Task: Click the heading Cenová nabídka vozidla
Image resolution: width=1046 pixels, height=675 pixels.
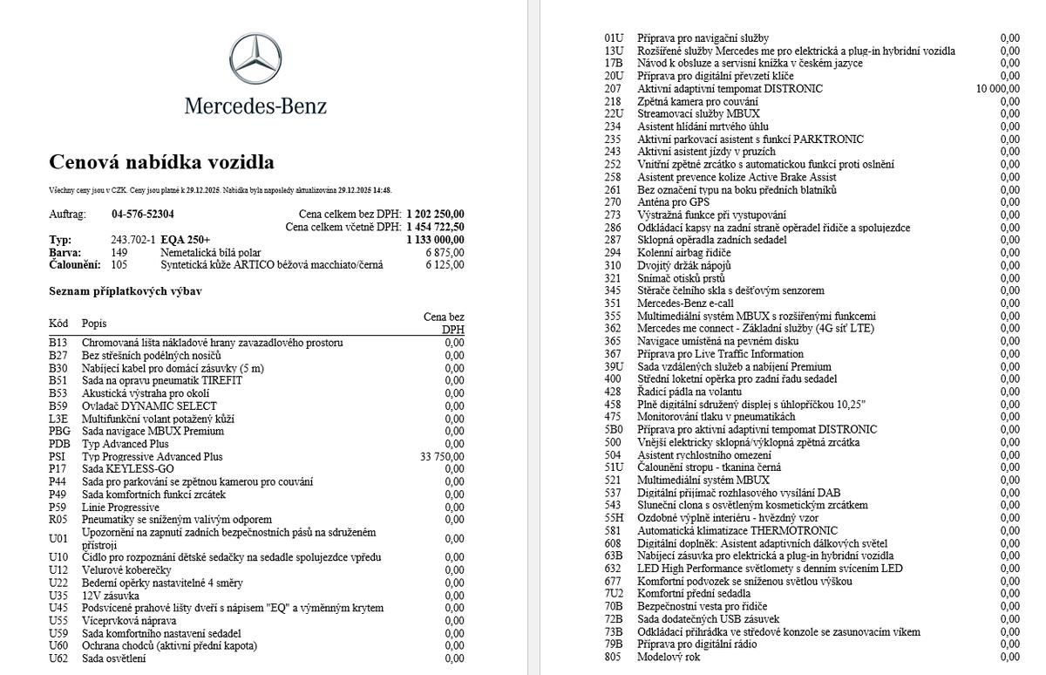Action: click(x=161, y=162)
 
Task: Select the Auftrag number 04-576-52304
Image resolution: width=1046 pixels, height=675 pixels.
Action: click(x=143, y=214)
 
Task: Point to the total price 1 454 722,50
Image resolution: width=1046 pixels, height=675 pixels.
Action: click(x=434, y=227)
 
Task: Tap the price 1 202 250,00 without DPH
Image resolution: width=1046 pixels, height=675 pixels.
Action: click(x=434, y=214)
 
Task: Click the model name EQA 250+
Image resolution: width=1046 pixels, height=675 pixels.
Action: click(x=187, y=240)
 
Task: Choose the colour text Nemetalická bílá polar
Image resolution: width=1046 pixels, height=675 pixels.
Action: click(x=210, y=252)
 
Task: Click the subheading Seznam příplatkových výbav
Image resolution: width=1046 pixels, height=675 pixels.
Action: click(x=126, y=290)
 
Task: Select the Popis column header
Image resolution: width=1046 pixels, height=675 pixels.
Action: click(x=94, y=324)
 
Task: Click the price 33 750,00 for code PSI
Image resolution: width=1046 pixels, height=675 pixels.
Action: click(x=442, y=456)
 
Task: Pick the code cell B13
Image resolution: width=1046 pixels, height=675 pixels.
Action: click(x=58, y=343)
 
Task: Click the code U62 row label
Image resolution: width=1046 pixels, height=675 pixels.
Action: click(x=58, y=658)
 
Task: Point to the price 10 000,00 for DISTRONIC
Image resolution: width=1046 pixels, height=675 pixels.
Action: click(x=998, y=88)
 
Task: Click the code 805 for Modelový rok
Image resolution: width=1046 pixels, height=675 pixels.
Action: click(x=613, y=657)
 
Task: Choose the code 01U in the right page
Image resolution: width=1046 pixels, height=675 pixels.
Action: click(x=614, y=38)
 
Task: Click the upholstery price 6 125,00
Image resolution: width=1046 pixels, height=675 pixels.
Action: click(x=445, y=265)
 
